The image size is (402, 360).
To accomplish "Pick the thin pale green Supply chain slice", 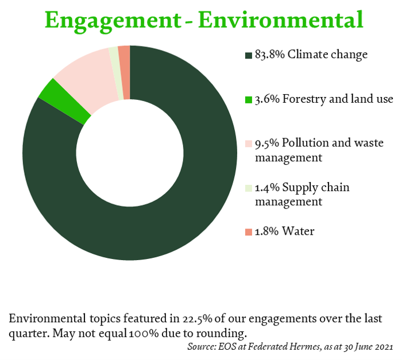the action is (x=117, y=73).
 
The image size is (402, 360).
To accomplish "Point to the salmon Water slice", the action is (x=125, y=72).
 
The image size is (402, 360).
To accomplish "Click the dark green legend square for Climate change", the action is (x=249, y=55).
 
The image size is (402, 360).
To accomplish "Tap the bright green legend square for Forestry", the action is (x=249, y=100).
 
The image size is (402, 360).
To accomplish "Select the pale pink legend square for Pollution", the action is (x=249, y=144).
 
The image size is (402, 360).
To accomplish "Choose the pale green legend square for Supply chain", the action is (x=249, y=188).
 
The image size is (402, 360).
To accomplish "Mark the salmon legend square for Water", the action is (x=249, y=232).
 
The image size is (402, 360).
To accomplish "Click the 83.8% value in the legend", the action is (x=270, y=55).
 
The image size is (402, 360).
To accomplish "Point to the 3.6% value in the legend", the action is (x=267, y=99).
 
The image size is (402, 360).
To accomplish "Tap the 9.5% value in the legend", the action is (x=267, y=144).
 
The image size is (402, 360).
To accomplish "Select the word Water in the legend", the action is (x=298, y=231).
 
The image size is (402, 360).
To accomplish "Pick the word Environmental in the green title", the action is (x=281, y=20).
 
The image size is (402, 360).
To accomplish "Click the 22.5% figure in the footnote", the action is (x=198, y=319).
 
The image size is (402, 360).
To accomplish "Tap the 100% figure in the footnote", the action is (x=144, y=334).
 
